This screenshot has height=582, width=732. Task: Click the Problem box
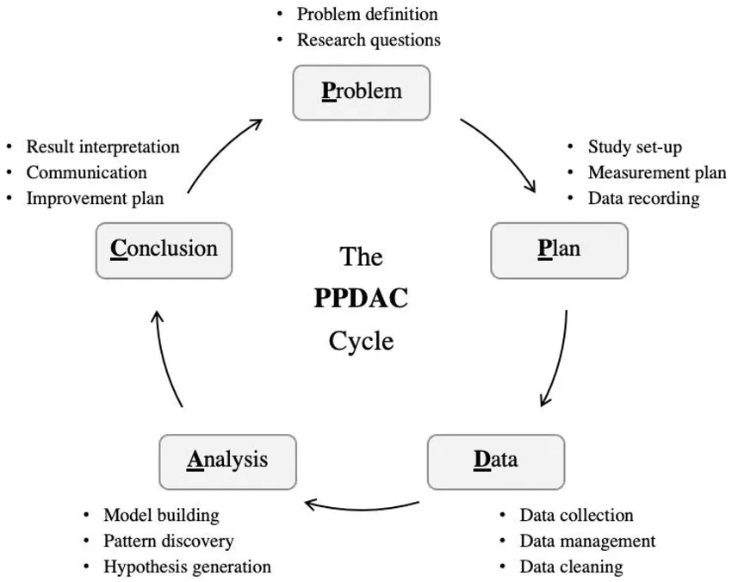pos(362,92)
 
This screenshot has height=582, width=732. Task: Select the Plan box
pos(559,251)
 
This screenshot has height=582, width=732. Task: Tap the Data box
pos(496,462)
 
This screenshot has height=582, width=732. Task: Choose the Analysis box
pos(228,462)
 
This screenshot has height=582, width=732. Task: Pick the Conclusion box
pos(164,251)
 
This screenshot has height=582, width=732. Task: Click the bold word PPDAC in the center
pos(361,298)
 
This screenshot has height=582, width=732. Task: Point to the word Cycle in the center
pos(361,342)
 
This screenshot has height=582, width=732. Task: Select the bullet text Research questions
pos(369,40)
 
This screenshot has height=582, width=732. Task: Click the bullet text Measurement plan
pos(657,173)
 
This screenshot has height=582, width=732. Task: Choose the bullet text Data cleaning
pos(572,567)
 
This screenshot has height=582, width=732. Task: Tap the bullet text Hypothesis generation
pos(187,567)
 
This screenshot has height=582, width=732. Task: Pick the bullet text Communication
pos(86,173)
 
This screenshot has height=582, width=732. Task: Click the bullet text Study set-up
pos(635,147)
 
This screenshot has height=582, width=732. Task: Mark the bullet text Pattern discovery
pos(169,542)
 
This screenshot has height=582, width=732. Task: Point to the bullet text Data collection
pos(576,515)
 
